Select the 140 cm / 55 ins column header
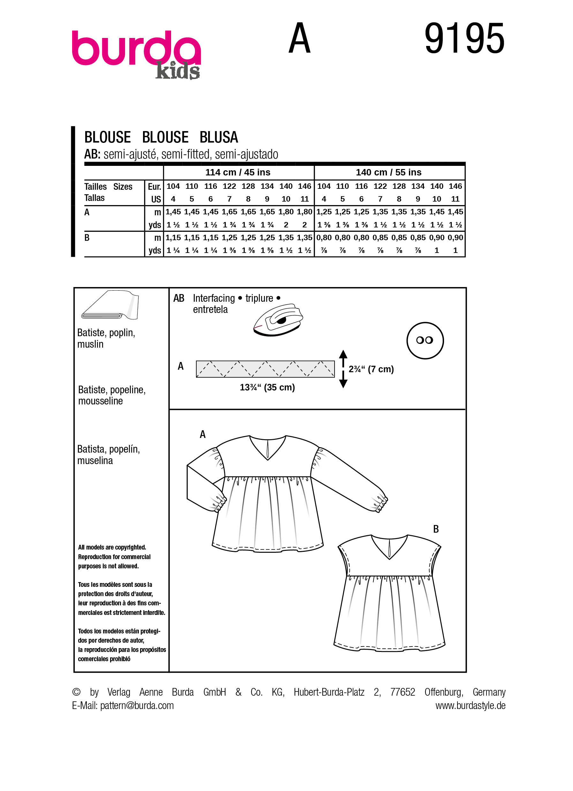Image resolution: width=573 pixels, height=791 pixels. pos(388,172)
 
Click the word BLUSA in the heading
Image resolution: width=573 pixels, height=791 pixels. pos(219,137)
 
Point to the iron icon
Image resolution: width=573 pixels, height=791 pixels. pos(278,320)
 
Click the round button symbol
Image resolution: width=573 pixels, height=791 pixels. pos(425,340)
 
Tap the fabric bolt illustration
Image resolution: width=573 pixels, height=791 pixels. pos(110,305)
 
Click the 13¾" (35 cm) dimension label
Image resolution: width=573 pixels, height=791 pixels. pos(267,388)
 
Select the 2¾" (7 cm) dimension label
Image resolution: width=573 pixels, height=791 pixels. pos(371,369)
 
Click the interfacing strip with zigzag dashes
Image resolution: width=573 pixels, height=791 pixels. pos(265,369)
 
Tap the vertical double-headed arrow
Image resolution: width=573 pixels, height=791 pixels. pos(343,369)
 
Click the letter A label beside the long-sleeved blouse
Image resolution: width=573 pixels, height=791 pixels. pos(202,434)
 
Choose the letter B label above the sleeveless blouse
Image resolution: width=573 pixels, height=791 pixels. pos(436,529)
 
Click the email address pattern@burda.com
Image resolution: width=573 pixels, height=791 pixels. pos(137,706)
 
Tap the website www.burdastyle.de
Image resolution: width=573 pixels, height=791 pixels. pos(470,706)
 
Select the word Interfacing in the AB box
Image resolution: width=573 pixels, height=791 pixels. pos(214,298)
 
